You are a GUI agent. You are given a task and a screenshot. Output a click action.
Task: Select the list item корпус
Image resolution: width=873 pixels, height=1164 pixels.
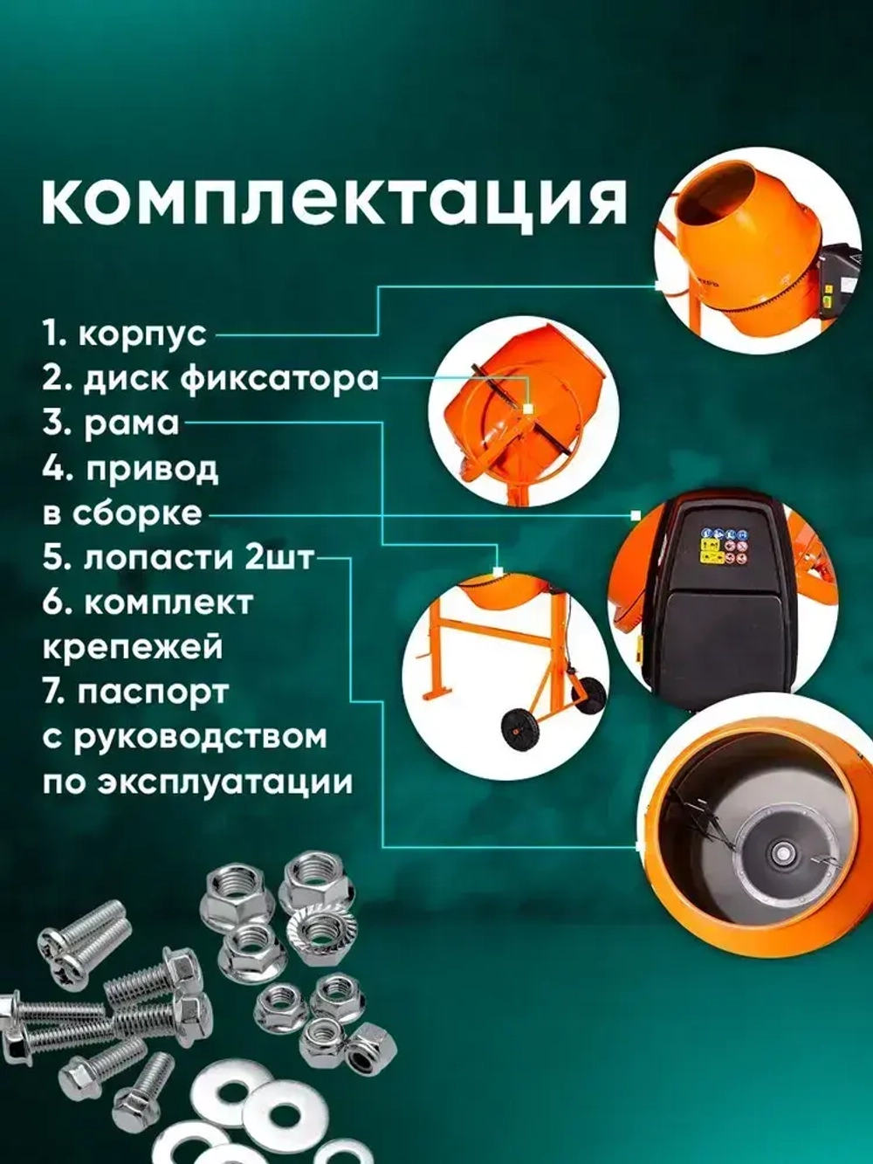click(x=125, y=334)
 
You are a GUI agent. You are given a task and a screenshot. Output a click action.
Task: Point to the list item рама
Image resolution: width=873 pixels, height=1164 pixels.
click(x=112, y=424)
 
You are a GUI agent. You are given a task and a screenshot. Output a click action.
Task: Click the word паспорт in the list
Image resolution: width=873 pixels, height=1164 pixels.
click(x=153, y=692)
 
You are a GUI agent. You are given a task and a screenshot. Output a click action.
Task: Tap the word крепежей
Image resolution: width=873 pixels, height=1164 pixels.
click(x=132, y=648)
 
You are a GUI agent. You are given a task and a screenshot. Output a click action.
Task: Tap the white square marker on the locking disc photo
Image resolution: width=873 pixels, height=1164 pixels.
click(x=528, y=408)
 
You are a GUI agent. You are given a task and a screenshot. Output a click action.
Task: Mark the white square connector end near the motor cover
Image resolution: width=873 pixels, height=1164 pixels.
click(x=636, y=514)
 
